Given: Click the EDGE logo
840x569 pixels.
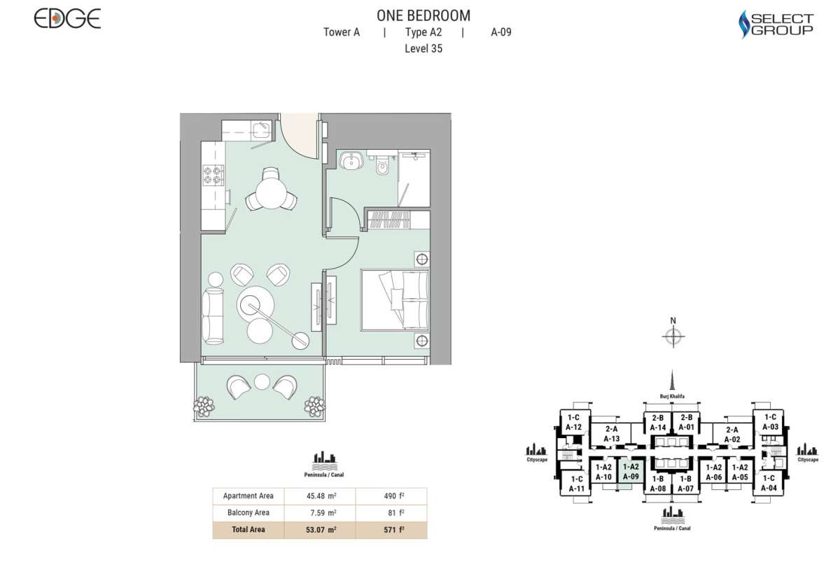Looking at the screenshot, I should click(x=67, y=19).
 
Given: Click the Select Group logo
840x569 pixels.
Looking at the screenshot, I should click(x=776, y=24).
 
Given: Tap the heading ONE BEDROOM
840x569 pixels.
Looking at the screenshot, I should click(x=423, y=15).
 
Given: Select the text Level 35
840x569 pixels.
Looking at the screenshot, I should click(x=423, y=49).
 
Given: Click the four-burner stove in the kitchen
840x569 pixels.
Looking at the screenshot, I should click(x=213, y=175).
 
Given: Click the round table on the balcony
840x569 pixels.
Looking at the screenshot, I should click(x=262, y=382).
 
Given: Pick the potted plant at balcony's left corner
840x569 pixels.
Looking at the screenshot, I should click(x=204, y=405).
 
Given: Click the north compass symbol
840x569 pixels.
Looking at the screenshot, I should click(x=673, y=337).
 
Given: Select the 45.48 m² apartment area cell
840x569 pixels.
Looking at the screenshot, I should click(x=321, y=496).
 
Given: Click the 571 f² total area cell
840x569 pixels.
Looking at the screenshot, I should click(x=391, y=530).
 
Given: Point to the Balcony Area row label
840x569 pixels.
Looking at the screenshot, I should click(x=248, y=513).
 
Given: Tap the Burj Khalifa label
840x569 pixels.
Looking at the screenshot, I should click(x=672, y=396).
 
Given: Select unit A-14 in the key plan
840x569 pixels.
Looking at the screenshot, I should click(x=657, y=423).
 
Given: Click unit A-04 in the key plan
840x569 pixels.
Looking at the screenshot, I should click(x=769, y=484).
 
